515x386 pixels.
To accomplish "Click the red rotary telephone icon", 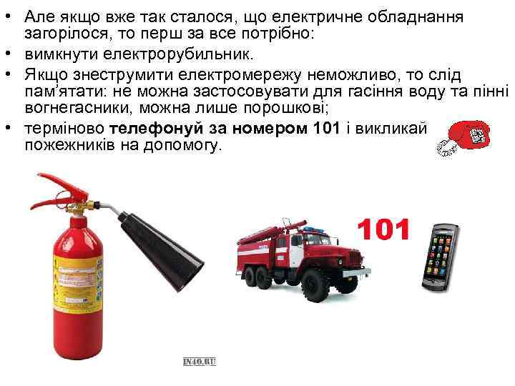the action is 463,138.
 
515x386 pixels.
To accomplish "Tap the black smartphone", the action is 441,257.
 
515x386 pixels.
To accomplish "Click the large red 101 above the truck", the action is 383,229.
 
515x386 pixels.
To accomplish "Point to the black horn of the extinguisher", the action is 161,250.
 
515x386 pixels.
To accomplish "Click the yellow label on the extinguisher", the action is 78,283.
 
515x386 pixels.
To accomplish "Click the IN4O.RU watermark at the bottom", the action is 200,362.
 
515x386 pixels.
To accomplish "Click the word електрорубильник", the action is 178,54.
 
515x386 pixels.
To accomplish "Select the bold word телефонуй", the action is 157,129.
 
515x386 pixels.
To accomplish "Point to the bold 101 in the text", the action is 326,128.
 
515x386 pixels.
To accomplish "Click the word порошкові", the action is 285,108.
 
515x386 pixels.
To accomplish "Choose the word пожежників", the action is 69,145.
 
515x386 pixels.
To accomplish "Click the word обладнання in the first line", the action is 415,17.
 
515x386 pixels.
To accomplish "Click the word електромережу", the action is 240,76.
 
